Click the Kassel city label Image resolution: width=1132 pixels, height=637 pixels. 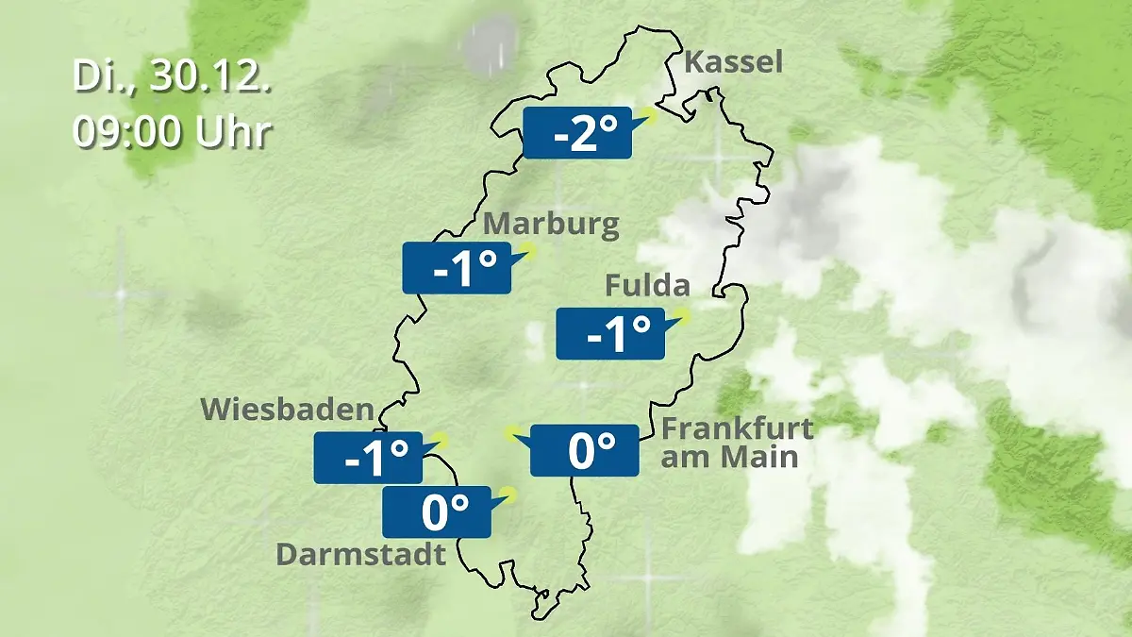(x=733, y=63)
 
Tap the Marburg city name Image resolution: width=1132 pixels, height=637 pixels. (x=551, y=226)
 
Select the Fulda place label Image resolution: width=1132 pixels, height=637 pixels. (x=647, y=285)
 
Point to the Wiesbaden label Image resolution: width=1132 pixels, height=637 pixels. (x=287, y=410)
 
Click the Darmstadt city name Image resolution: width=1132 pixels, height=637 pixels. (x=360, y=554)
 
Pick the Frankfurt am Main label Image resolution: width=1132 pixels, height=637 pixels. (x=736, y=443)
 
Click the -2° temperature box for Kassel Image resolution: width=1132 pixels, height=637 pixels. (x=576, y=133)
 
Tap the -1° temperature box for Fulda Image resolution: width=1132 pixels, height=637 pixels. (x=609, y=333)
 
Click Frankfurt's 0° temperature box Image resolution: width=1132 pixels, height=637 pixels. (x=585, y=450)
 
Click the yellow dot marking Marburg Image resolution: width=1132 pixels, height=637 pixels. (x=528, y=250)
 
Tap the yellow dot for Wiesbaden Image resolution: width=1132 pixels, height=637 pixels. (x=440, y=440)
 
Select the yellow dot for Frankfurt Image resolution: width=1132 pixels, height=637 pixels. (x=511, y=432)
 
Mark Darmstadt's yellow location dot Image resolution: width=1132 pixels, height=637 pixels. (x=509, y=494)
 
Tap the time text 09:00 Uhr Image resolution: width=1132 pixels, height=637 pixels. (x=173, y=131)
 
